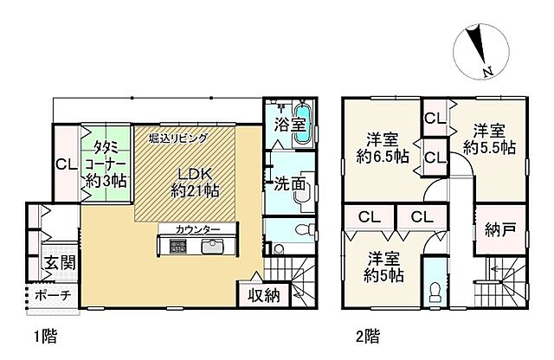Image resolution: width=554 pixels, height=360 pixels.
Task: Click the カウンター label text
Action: [196, 229]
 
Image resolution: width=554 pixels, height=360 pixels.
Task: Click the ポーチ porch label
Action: [54, 295]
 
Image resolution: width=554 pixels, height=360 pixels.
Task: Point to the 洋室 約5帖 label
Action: [382, 267]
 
